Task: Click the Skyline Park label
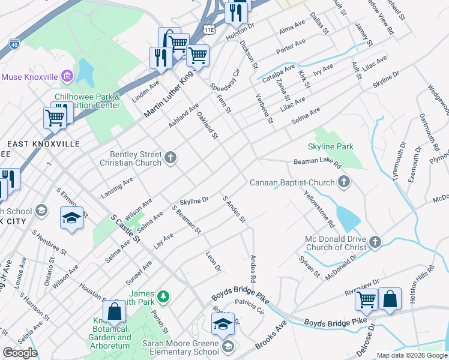click(x=330, y=146)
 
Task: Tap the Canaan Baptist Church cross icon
click(x=344, y=182)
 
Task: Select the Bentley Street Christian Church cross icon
click(x=170, y=158)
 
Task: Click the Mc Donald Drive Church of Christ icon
click(x=375, y=242)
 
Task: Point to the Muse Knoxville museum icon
click(x=67, y=77)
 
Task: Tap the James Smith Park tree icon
click(x=162, y=296)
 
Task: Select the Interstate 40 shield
click(x=14, y=43)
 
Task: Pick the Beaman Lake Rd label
click(x=317, y=163)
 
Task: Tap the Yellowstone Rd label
click(x=319, y=209)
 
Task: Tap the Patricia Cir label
click(x=249, y=306)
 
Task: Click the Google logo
click(x=20, y=352)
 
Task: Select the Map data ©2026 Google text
click(x=412, y=355)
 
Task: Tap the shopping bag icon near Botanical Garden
click(x=113, y=311)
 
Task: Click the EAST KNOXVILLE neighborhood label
click(x=43, y=144)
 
